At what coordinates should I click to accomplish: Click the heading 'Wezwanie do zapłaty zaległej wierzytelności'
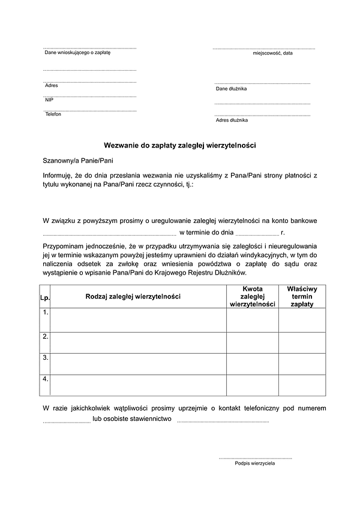coord(180,145)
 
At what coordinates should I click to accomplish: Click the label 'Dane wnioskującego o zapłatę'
coord(77,53)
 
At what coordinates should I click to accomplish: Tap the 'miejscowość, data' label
coord(272,53)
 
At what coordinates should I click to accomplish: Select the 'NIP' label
coord(49,100)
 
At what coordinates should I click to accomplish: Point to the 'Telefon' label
coord(53,115)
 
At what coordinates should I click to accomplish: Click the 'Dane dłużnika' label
coord(231,89)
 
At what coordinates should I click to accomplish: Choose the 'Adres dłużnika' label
coord(232,121)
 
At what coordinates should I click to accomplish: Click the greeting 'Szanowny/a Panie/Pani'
coord(78,161)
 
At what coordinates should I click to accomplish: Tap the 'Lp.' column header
coord(44,296)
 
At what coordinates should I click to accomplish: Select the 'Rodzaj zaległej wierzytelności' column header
coord(133,296)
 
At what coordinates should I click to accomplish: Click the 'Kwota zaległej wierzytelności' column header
coord(252,296)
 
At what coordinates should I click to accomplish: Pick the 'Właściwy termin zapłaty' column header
coord(302,296)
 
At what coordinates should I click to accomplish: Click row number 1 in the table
coord(46,312)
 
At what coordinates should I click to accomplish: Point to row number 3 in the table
coord(46,357)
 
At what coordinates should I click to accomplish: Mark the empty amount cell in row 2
coord(252,342)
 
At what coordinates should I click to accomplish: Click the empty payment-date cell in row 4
coord(302,385)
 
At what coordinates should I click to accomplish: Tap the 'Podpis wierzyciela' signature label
coord(255,463)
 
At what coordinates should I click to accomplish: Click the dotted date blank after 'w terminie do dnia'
coord(257,233)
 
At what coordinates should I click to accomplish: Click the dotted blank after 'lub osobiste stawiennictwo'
coord(223,420)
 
